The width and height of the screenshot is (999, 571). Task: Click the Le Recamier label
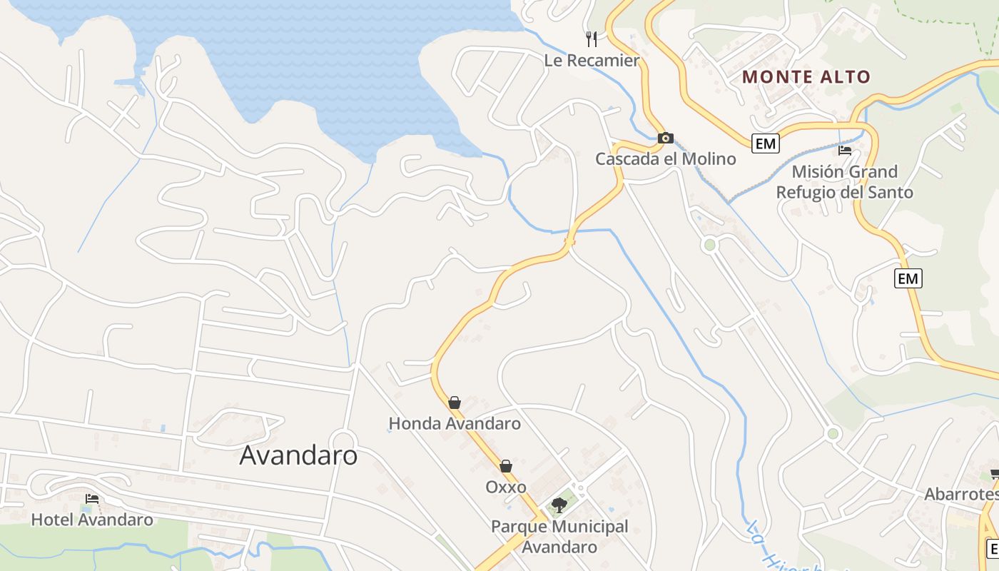point(592,61)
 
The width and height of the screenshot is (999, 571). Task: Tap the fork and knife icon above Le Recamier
point(592,39)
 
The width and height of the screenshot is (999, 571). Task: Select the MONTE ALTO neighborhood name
point(806,77)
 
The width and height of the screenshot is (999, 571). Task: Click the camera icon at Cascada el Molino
point(665,138)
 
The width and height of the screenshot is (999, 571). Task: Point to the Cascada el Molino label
point(665,158)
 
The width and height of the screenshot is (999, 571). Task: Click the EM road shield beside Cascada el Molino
point(765,143)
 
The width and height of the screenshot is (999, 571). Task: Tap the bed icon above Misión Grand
point(845,151)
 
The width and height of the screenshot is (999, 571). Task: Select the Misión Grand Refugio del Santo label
point(844,182)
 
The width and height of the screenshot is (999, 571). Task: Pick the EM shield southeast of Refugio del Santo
point(908,278)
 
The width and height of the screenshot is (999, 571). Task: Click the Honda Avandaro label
point(455,423)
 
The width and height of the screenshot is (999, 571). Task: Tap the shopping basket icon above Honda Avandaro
point(455,403)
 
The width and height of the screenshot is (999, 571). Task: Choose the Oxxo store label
point(506,487)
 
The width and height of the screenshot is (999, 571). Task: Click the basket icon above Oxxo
point(506,466)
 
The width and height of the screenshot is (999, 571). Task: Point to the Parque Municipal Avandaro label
point(559,537)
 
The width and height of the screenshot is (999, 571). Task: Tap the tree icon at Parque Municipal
point(559,505)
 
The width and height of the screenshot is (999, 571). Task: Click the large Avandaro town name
point(298,455)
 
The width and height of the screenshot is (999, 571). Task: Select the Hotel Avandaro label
point(92,520)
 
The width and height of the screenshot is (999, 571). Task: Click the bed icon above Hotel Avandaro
point(91,499)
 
